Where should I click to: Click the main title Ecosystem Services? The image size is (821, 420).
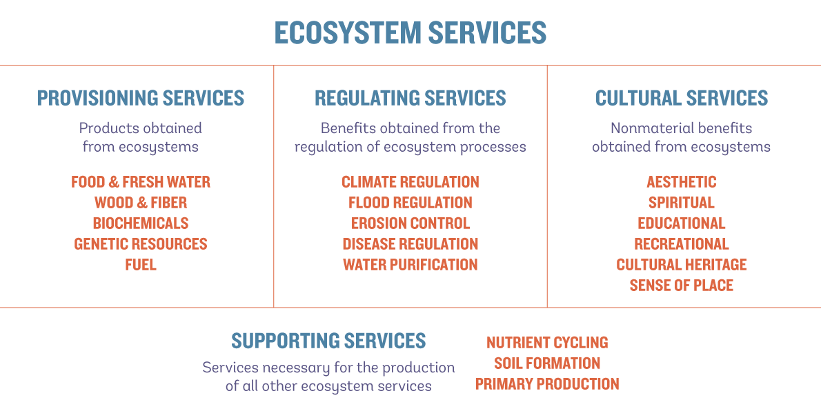tap(410, 32)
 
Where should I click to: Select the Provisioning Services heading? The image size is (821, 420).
tap(140, 98)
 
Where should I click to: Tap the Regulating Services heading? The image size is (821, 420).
tap(410, 98)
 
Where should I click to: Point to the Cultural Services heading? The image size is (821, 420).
tap(682, 98)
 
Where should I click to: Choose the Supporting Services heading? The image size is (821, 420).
tap(328, 341)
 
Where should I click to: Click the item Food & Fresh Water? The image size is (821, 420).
tap(141, 181)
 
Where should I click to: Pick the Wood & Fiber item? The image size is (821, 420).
tap(141, 203)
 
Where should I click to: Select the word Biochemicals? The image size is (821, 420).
tap(141, 223)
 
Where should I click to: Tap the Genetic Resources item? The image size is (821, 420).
tap(141, 244)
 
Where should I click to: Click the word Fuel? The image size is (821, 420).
tap(141, 264)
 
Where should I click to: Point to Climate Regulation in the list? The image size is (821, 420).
tap(410, 181)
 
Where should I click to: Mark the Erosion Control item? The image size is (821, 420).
tap(410, 223)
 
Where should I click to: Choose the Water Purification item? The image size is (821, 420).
tap(410, 264)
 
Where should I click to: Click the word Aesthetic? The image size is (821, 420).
tap(682, 181)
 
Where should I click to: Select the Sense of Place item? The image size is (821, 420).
tap(682, 286)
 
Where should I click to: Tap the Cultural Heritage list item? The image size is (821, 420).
tap(682, 264)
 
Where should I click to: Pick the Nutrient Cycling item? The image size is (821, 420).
tap(547, 343)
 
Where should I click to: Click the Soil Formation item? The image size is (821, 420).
tap(547, 363)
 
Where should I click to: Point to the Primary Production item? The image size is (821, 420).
tap(547, 384)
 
